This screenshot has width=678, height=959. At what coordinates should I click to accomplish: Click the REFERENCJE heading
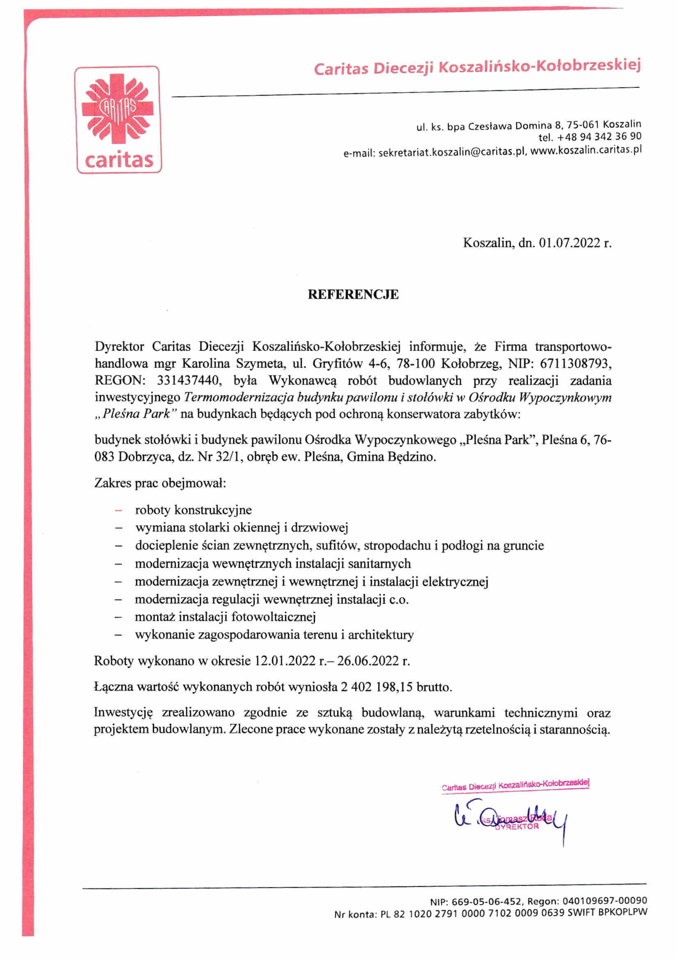click(353, 295)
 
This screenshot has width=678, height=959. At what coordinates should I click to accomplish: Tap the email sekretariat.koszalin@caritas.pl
click(451, 153)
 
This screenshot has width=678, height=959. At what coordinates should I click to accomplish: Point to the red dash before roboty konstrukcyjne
click(119, 510)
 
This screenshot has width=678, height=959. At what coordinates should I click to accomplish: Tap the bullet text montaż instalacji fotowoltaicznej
click(225, 616)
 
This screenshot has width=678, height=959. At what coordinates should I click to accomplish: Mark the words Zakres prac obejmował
click(160, 483)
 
